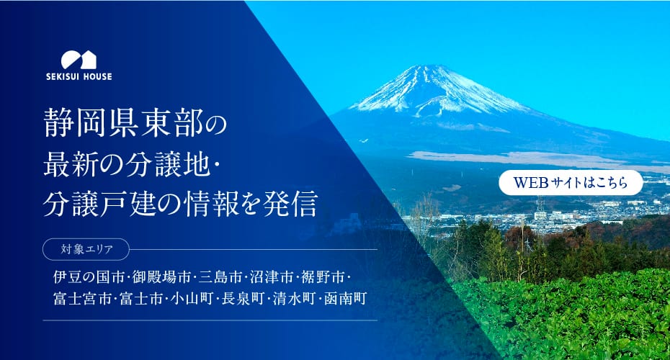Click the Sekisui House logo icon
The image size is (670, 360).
(x=79, y=60)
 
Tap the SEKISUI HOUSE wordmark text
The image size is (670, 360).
(x=79, y=77)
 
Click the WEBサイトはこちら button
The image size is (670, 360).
(x=571, y=183)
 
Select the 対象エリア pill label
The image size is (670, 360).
(x=86, y=249)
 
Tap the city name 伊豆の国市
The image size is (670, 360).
(x=89, y=277)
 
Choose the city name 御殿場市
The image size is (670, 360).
(x=161, y=277)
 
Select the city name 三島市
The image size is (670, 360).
(x=220, y=277)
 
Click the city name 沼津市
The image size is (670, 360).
(x=272, y=277)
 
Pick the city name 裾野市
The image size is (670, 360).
(x=323, y=277)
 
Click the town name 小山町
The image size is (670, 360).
(x=192, y=298)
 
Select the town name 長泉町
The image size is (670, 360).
(x=243, y=298)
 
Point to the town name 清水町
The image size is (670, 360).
(x=295, y=298)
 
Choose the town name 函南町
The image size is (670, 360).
(x=346, y=298)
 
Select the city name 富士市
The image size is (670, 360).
(x=141, y=298)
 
